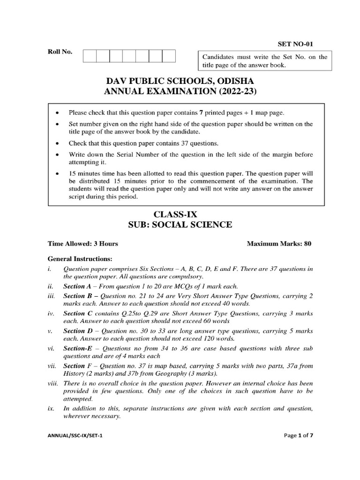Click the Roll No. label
[x=60, y=52]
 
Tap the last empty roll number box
[x=169, y=56]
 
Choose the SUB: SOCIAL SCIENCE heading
[x=180, y=225]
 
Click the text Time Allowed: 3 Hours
[x=83, y=244]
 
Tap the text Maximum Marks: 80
[x=278, y=244]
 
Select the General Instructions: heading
[x=80, y=259]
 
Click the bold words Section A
[x=77, y=286]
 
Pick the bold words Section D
[x=77, y=331]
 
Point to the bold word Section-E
[x=78, y=349]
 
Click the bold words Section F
[x=77, y=366]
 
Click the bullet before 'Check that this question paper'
[x=57, y=143]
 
